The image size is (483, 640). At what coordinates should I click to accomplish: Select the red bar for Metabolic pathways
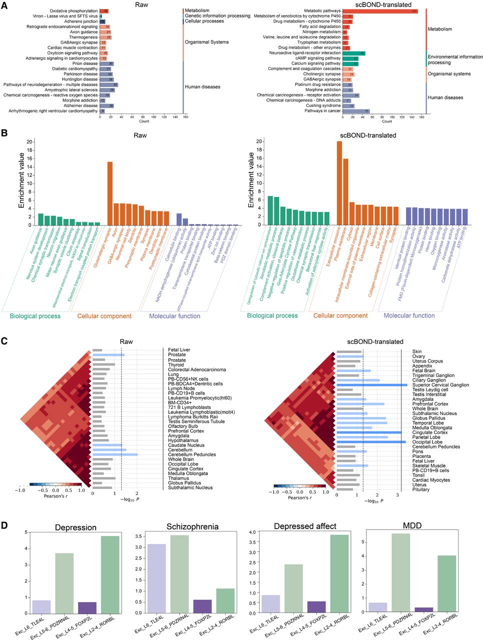(380, 10)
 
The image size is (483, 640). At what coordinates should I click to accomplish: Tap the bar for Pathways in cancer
(356, 111)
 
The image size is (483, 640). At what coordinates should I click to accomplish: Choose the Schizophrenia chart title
(192, 526)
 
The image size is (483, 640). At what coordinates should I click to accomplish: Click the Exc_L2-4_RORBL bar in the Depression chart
(111, 574)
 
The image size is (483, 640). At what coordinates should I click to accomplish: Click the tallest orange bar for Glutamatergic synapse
(110, 193)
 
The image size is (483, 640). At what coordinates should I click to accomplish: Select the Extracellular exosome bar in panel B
(339, 183)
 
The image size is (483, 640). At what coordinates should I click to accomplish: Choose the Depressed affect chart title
(298, 526)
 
